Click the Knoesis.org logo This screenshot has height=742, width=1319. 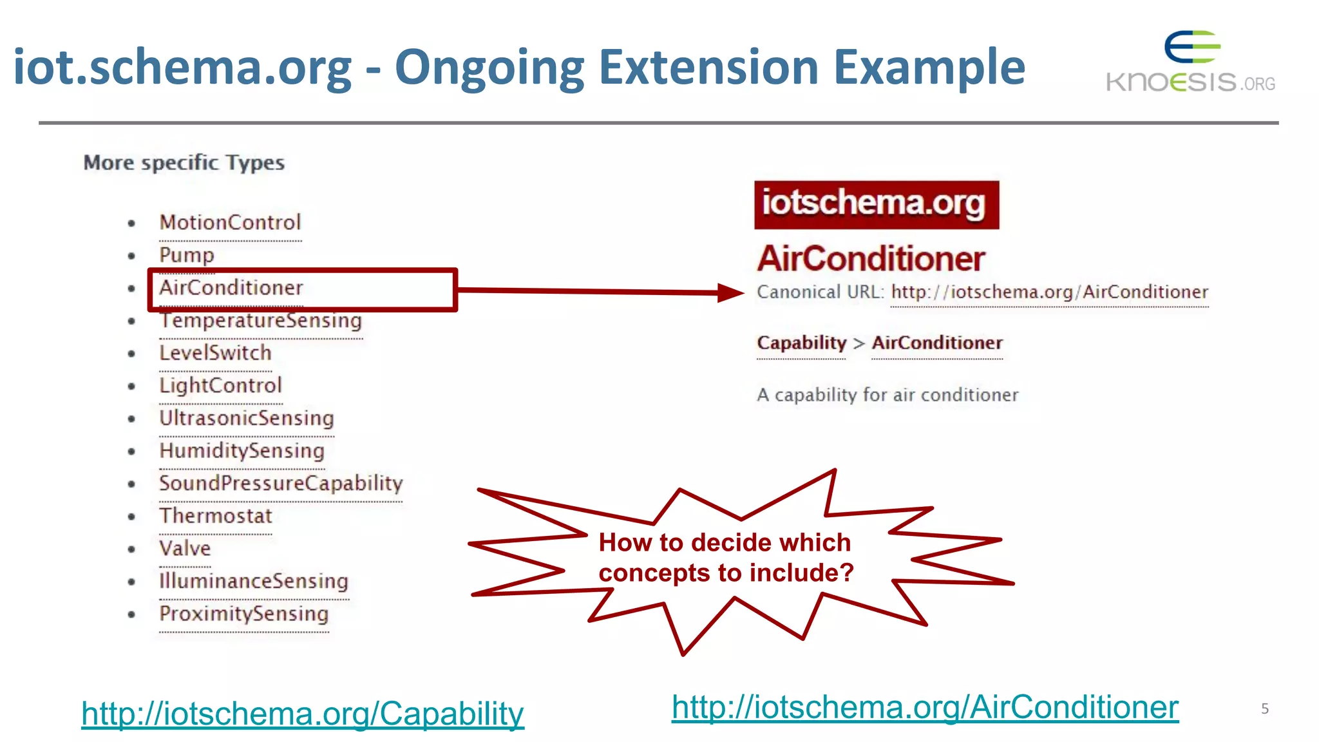pyautogui.click(x=1190, y=63)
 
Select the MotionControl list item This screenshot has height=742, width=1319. pyautogui.click(x=230, y=223)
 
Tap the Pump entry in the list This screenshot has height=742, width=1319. pyautogui.click(x=187, y=255)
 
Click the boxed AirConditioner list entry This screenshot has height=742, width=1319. pyautogui.click(x=231, y=288)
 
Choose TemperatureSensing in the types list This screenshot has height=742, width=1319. pyautogui.click(x=260, y=321)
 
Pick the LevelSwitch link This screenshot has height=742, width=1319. pyautogui.click(x=215, y=353)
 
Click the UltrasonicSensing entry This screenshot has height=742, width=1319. pyautogui.click(x=247, y=418)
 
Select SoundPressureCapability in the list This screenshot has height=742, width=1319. pyautogui.click(x=281, y=483)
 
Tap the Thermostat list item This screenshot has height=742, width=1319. pyautogui.click(x=216, y=516)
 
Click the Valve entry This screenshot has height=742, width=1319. pyautogui.click(x=185, y=549)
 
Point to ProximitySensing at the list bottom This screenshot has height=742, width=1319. pyautogui.click(x=243, y=614)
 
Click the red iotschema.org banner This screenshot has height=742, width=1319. pyautogui.click(x=876, y=204)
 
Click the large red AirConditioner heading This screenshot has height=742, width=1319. pyautogui.click(x=871, y=259)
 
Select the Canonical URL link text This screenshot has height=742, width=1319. pyautogui.click(x=1049, y=292)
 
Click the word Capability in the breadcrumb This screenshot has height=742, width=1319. pyautogui.click(x=801, y=343)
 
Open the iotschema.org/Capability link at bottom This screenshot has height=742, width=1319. pyautogui.click(x=303, y=714)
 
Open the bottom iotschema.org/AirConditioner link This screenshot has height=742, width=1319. pyautogui.click(x=925, y=707)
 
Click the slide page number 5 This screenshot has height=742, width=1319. pyautogui.click(x=1264, y=709)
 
